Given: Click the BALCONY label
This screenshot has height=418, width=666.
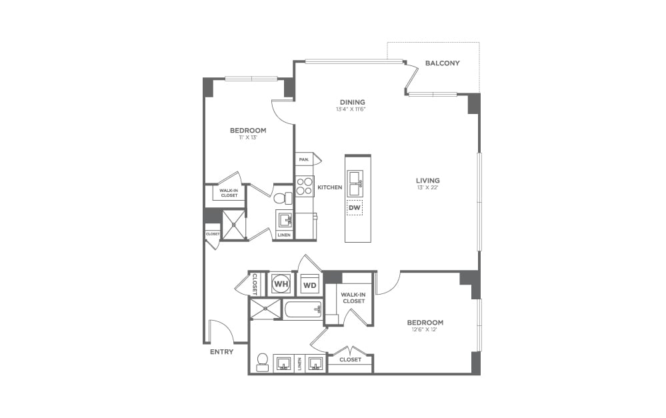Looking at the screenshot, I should click(443, 63).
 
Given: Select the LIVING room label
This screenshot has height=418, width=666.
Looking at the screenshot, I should click(427, 180).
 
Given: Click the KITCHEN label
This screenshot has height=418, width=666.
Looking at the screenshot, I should click(329, 187).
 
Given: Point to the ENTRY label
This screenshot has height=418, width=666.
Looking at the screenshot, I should click(221, 351).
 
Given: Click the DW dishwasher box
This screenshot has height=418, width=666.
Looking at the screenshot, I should click(354, 208).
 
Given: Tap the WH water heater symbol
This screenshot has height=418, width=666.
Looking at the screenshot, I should click(281, 284).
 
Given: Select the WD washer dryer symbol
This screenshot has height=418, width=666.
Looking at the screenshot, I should click(309, 285).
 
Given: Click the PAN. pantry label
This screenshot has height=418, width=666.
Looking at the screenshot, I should click(303, 160).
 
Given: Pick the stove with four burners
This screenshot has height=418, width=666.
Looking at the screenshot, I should click(305, 186).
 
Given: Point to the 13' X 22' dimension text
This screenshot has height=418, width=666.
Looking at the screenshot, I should click(427, 188).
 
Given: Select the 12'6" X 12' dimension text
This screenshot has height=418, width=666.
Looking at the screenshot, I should click(425, 331).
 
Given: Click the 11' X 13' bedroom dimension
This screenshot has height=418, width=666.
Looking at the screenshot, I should click(248, 138).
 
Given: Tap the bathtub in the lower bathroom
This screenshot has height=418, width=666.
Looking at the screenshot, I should click(303, 309).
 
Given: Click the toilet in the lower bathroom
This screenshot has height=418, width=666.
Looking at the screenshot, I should click(262, 361).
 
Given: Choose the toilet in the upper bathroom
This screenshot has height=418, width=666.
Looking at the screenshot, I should click(283, 198).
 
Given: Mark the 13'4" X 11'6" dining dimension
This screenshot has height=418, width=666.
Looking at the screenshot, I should click(351, 109).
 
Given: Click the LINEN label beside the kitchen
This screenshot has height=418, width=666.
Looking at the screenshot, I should click(283, 235).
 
